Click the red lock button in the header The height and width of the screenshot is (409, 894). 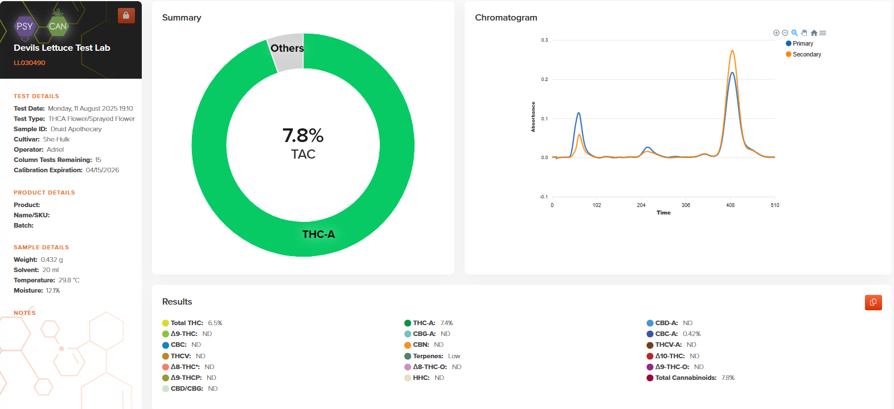pos(126,15)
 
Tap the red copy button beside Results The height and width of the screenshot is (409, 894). pos(873,302)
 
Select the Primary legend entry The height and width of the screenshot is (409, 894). pos(802,44)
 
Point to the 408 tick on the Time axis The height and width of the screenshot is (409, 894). pos(730,205)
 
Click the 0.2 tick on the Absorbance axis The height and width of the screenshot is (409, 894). pos(544,79)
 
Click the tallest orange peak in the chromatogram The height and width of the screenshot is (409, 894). pos(732,51)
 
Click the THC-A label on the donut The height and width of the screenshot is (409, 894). pos(318,234)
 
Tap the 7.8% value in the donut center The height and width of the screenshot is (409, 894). pos(303,136)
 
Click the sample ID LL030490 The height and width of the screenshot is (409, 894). pos(30,63)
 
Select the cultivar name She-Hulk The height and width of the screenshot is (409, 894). pos(56,139)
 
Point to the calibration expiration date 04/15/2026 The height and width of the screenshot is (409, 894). pos(102,170)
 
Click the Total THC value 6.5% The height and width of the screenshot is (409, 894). pos(215,323)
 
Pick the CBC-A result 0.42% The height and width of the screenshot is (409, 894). pos(691,334)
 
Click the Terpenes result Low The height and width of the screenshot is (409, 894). pos(454,356)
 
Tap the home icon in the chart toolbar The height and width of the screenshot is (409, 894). pos(814,33)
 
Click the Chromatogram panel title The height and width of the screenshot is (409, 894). pos(506,18)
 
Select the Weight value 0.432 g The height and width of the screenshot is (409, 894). pos(52,260)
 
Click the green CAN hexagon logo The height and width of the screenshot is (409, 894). pos(58,26)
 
